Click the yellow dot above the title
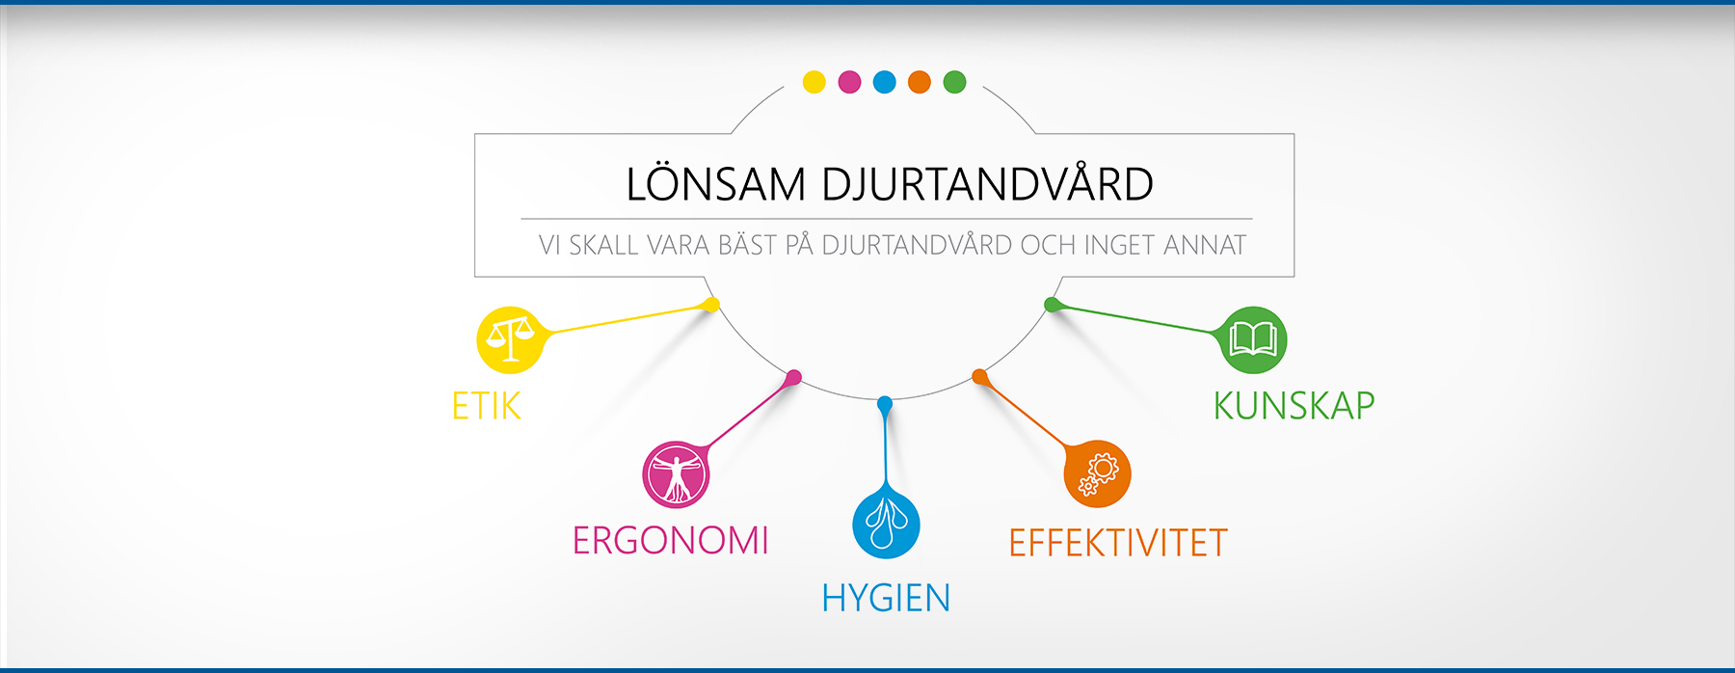coord(814,82)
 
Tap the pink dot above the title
coord(849,82)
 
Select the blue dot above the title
coord(885,82)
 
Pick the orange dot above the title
coord(920,82)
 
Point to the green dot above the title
coord(954,82)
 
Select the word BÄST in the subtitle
coord(747,245)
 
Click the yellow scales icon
coord(510,339)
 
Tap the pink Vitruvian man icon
coord(676,474)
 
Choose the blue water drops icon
coord(886,525)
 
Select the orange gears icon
coord(1097,473)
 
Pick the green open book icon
coord(1253,339)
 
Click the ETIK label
coord(487,406)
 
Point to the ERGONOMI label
coord(671,541)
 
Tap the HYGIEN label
coord(886,599)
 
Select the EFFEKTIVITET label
coord(1118,543)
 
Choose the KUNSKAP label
coord(1294,406)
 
